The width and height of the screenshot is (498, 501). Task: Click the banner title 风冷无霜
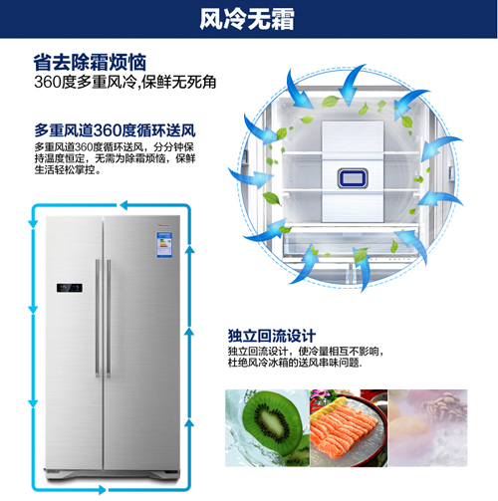[247, 19]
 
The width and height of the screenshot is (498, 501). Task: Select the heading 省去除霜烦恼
[90, 62]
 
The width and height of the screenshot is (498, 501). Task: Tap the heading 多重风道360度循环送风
[115, 130]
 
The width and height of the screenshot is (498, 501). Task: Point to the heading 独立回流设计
[272, 336]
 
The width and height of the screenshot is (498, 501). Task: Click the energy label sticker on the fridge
[164, 245]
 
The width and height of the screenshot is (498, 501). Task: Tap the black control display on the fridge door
[70, 288]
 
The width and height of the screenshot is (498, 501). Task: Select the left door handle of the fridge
[98, 318]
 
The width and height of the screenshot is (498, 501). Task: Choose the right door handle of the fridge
[109, 318]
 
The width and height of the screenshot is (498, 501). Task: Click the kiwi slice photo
[267, 428]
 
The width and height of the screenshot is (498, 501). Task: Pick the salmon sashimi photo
[349, 428]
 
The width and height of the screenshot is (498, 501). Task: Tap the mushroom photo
[428, 428]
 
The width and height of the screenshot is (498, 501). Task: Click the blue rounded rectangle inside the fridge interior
[353, 178]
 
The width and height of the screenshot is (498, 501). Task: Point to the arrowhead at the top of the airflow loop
[124, 205]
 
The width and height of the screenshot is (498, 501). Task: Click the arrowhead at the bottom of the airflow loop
[103, 490]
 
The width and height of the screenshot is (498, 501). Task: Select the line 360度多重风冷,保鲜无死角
[125, 82]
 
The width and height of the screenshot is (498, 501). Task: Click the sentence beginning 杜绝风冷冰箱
[295, 363]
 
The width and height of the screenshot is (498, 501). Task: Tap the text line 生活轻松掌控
[68, 170]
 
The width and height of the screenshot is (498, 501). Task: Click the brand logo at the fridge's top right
[163, 225]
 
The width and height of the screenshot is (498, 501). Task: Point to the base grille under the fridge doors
[113, 472]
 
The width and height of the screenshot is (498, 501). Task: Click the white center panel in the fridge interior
[353, 171]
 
